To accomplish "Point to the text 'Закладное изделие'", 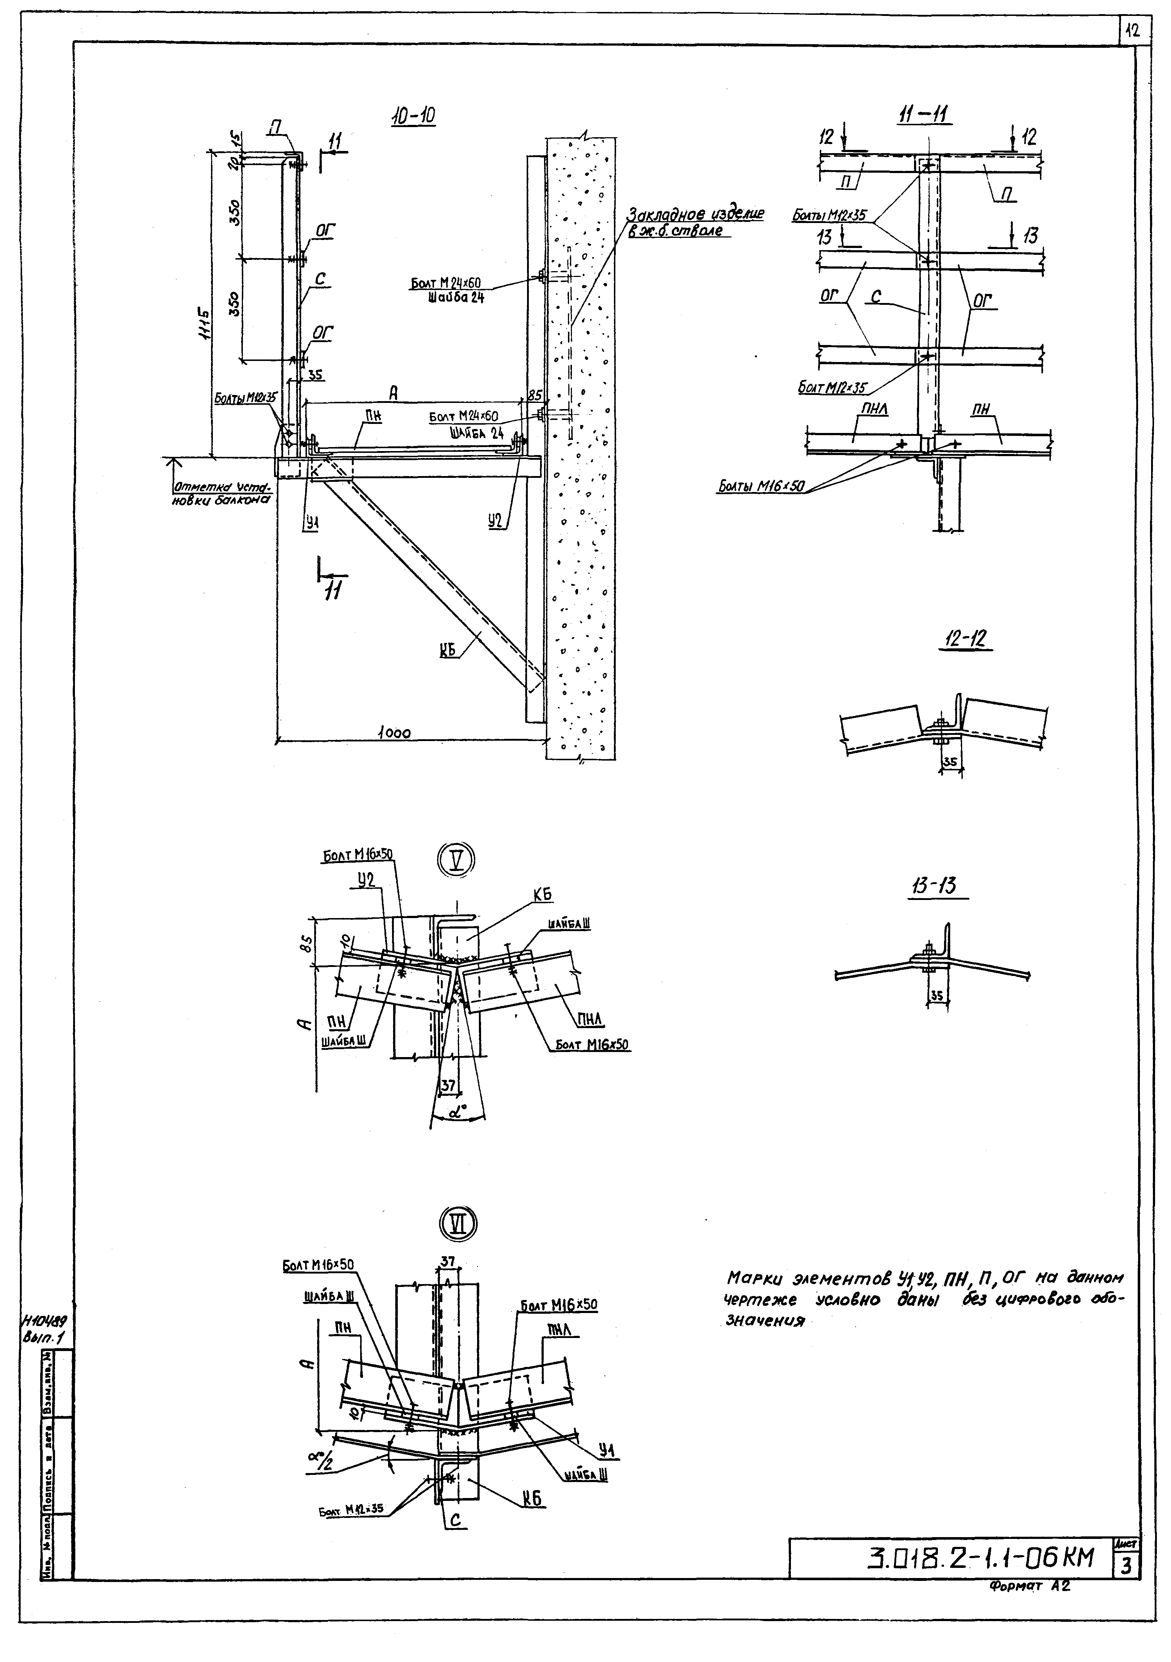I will (695, 214).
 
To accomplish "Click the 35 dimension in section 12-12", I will (950, 762).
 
